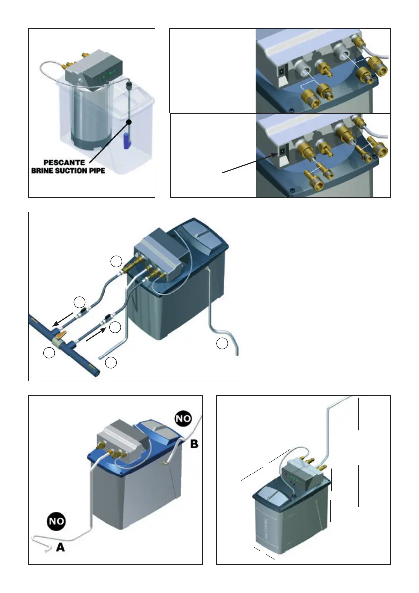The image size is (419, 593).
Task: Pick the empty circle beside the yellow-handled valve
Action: tap(49, 353)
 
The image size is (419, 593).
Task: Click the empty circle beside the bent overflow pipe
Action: tap(223, 343)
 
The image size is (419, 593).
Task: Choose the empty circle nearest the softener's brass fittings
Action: tap(115, 261)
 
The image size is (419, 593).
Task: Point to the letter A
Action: tap(60, 548)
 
